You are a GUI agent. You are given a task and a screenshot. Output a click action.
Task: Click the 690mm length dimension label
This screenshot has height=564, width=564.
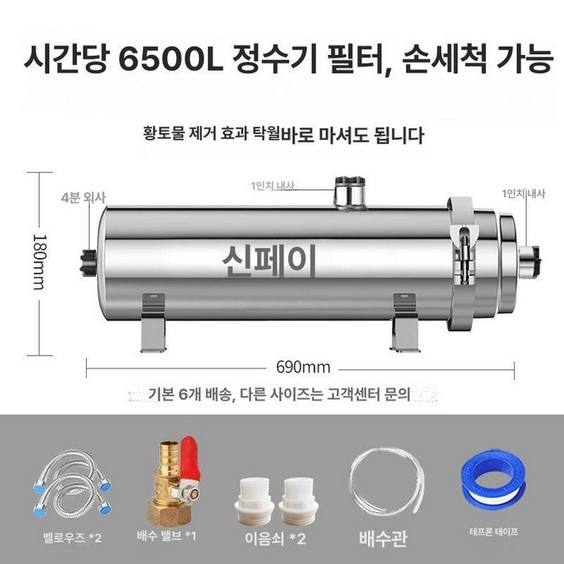(301, 368)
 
